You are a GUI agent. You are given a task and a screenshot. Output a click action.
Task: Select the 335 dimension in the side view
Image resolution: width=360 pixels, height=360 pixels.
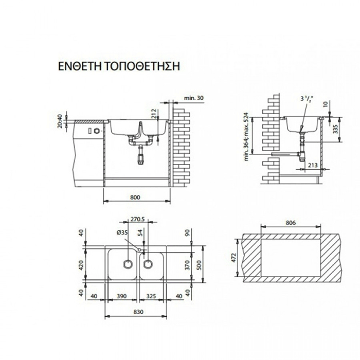335,128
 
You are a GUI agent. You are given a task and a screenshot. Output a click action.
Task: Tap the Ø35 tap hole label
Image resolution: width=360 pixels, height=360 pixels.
122,233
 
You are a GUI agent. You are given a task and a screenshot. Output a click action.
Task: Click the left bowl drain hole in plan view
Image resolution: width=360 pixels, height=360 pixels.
126,264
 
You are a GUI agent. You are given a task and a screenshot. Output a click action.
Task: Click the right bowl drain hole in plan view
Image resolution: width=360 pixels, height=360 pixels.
148,264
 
